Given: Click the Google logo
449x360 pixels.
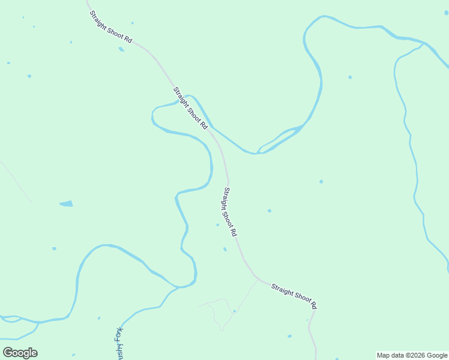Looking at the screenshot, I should (20, 353).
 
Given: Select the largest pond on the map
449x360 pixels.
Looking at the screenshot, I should (66, 204).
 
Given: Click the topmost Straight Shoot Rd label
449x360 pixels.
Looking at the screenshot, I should (110, 26).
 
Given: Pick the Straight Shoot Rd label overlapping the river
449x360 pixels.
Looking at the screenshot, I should (190, 108).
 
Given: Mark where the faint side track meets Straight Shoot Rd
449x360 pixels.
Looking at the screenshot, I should (259, 279).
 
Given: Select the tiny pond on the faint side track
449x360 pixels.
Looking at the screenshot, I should (234, 311).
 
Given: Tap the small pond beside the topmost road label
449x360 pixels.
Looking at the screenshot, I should (122, 49).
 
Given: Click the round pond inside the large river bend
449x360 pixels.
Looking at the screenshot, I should (350, 77).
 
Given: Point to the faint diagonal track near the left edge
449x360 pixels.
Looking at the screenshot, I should (15, 180).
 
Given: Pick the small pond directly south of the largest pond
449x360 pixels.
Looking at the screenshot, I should (54, 248).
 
